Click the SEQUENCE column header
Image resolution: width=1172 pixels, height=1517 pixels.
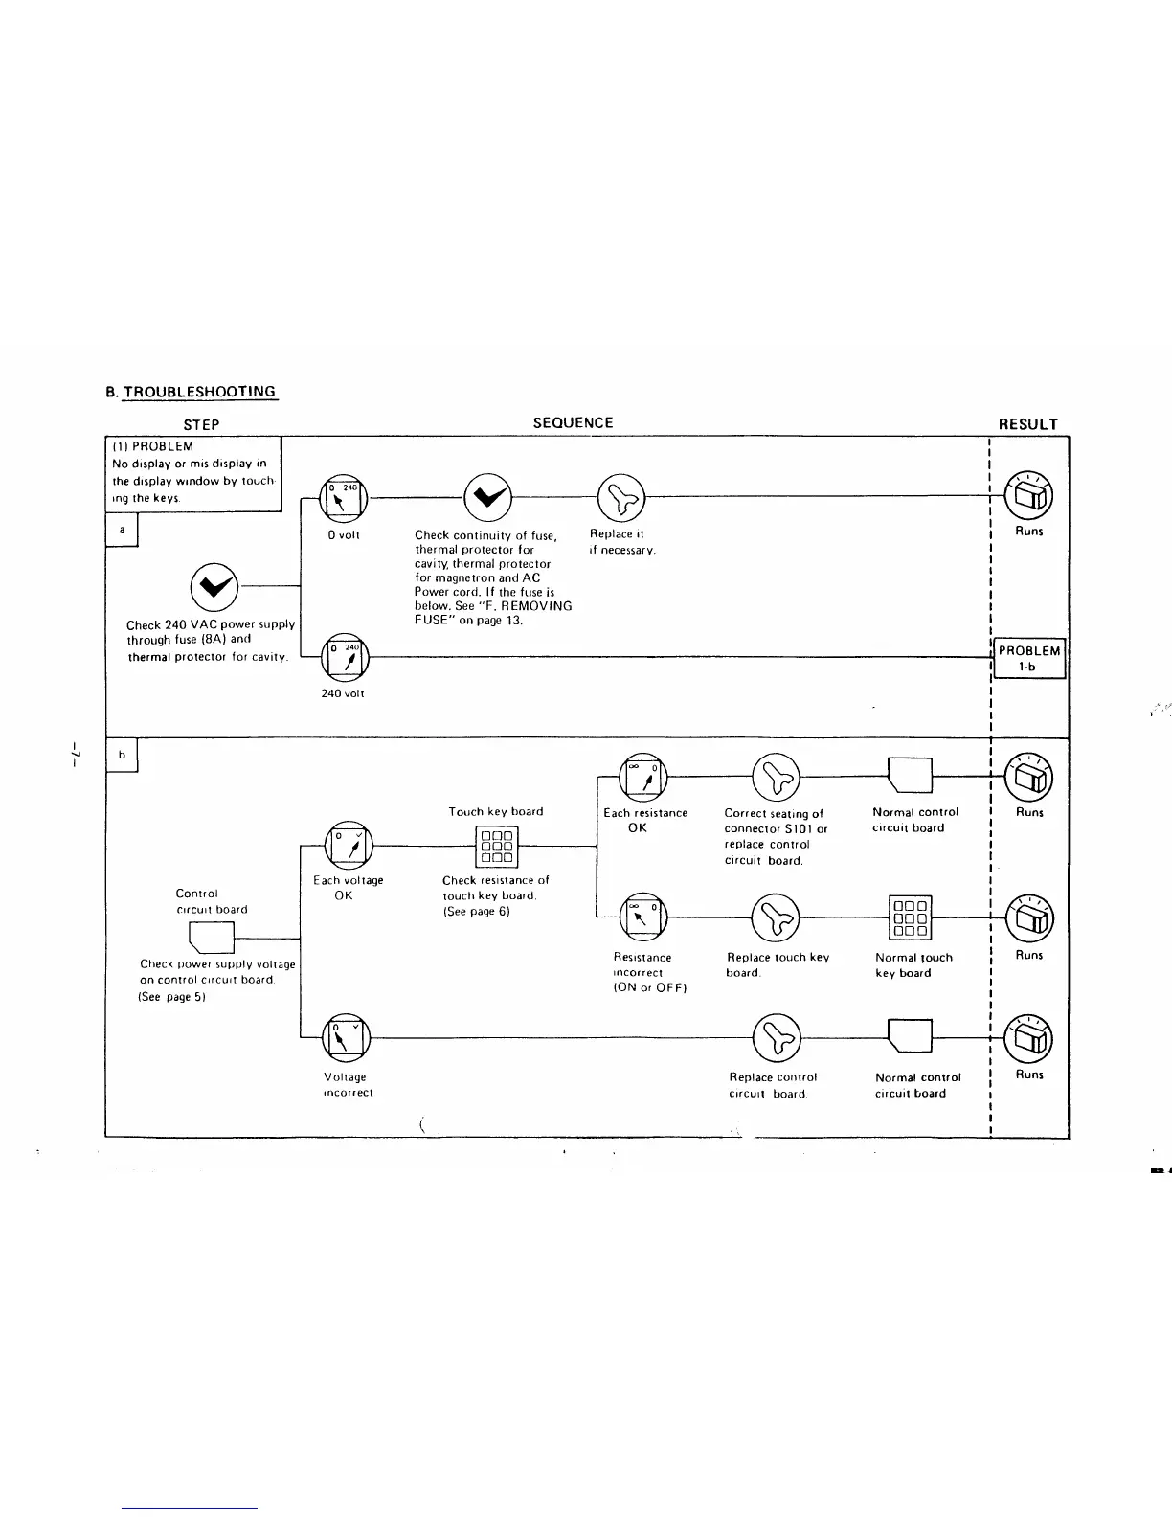pos(573,422)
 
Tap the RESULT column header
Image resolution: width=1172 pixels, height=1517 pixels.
pos(1027,424)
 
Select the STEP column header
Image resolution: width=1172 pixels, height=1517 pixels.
pos(201,424)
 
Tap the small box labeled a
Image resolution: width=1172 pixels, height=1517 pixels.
pos(122,529)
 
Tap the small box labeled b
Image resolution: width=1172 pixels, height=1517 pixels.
pos(122,755)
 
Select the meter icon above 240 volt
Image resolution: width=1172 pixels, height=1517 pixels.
pos(344,658)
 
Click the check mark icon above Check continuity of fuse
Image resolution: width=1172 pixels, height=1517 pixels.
pos(486,496)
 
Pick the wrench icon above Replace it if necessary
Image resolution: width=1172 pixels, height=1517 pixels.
pos(620,496)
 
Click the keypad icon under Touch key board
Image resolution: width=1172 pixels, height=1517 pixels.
pos(496,846)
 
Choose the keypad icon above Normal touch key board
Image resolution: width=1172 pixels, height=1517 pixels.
pos(910,917)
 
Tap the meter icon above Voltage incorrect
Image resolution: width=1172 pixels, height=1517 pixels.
pos(344,1037)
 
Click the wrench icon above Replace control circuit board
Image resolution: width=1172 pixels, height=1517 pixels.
pos(776,1036)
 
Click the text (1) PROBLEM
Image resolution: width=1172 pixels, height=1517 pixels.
pos(153,446)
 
